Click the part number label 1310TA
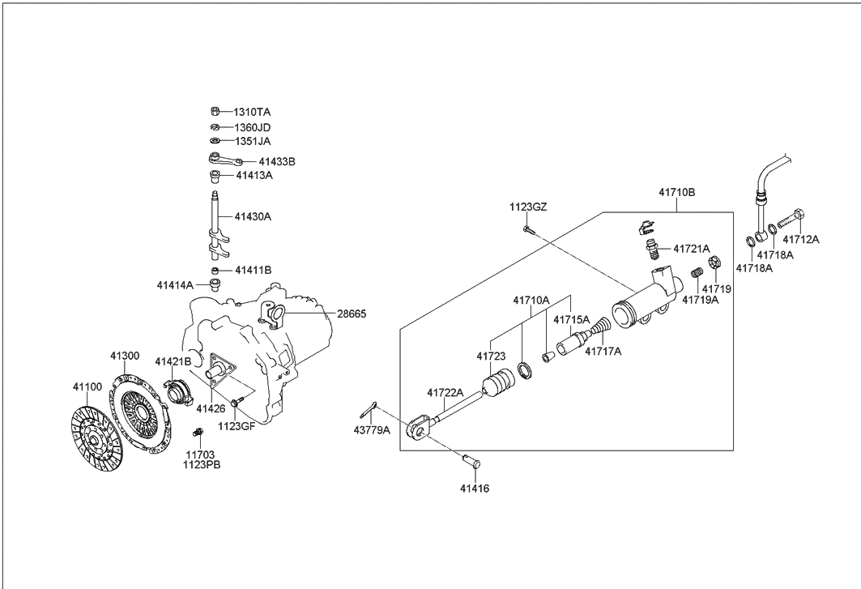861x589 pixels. point(253,112)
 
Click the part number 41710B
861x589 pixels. point(676,193)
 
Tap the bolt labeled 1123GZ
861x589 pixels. point(526,231)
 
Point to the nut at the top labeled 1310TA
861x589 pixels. point(216,112)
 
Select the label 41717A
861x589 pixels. point(603,352)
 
